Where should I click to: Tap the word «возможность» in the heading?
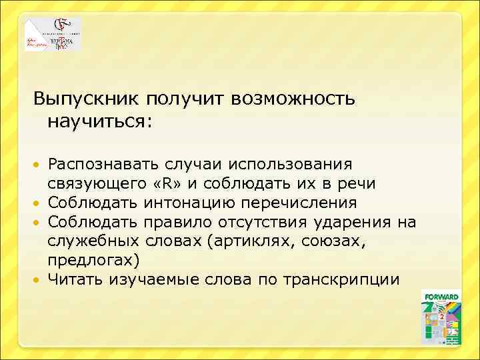pyautogui.click(x=294, y=99)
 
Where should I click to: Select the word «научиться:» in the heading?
pyautogui.click(x=99, y=122)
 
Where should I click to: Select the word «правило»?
pyautogui.click(x=179, y=222)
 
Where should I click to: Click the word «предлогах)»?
pyautogui.click(x=91, y=260)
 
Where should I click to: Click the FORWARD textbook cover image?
pyautogui.click(x=441, y=317)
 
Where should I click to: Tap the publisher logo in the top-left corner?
pyautogui.click(x=53, y=34)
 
